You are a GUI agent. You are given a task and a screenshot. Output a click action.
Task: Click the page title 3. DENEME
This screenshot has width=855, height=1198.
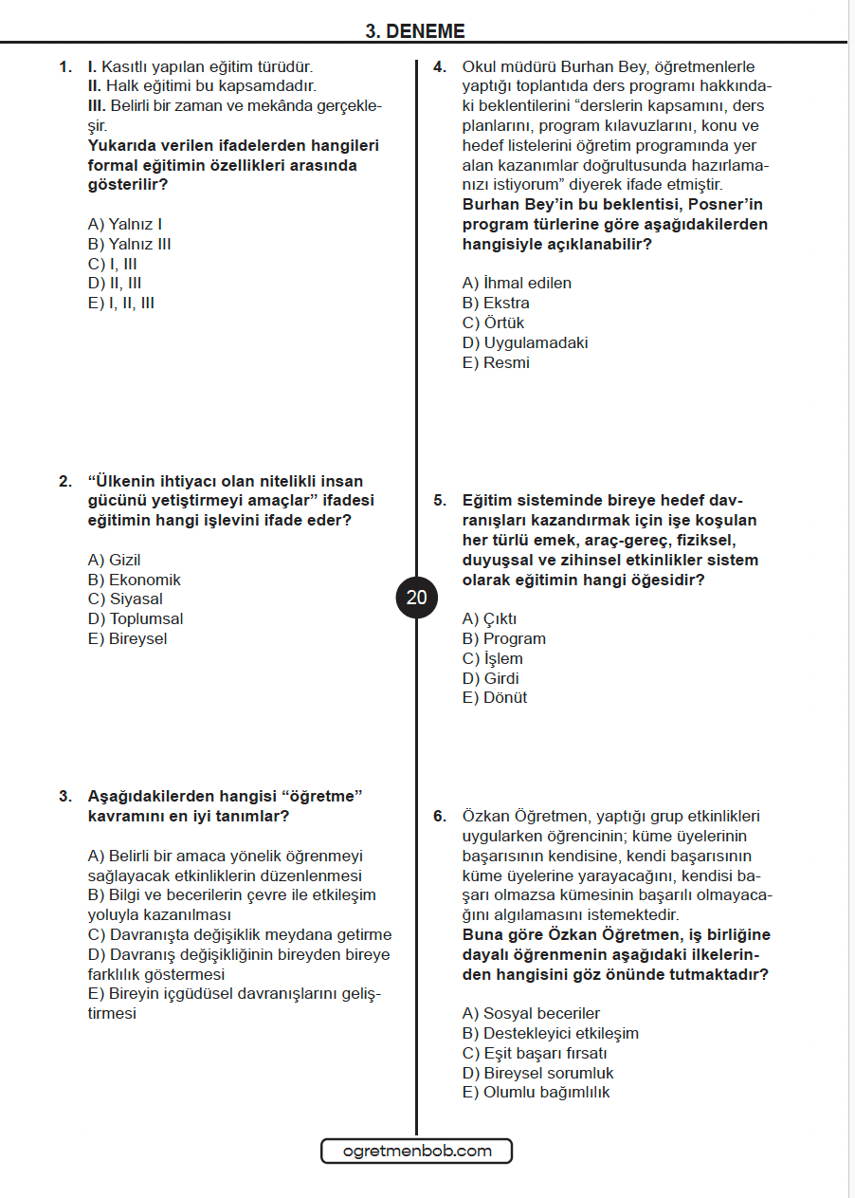[x=415, y=31]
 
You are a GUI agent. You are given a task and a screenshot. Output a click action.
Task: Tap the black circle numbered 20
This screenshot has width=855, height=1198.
[x=416, y=598]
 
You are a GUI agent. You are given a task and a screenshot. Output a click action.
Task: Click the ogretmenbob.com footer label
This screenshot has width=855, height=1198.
[x=416, y=1152]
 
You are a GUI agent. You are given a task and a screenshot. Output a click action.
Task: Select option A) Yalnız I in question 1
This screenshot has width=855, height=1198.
[x=124, y=225]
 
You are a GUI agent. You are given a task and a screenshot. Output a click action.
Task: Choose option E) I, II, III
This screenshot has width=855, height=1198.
[x=120, y=304]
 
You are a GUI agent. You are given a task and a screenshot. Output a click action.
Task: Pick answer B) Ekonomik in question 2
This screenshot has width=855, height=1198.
[x=134, y=580]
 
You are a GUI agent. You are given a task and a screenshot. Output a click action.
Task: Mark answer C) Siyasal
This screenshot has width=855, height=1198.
[x=125, y=599]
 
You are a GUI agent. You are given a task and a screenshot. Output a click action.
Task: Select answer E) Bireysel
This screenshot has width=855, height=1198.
[x=127, y=639]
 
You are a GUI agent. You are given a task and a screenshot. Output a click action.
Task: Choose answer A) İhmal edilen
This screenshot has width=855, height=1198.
[x=517, y=284]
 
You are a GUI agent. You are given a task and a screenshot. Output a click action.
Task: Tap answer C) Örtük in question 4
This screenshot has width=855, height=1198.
[x=493, y=323]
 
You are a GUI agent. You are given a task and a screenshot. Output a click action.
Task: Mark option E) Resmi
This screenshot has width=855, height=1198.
[x=496, y=363]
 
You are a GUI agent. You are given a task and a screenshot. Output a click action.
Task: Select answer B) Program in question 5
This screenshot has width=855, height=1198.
[x=504, y=639]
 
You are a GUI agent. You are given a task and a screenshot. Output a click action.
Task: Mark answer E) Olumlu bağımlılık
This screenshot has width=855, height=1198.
[x=536, y=1093]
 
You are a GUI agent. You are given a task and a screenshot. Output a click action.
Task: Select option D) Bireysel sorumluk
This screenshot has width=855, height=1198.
[x=537, y=1074]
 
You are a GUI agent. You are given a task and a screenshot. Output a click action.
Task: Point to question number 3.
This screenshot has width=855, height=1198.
[x=64, y=797]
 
